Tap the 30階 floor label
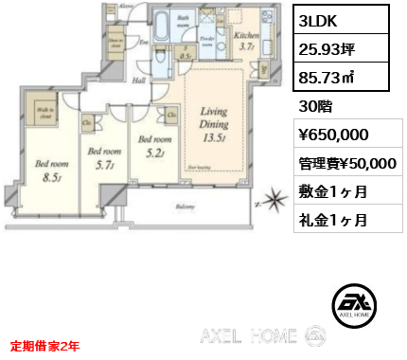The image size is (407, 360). click(316, 105)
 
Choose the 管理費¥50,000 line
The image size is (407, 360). click(347, 163)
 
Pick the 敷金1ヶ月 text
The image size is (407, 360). click(333, 191)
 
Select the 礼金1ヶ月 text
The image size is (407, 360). click(333, 220)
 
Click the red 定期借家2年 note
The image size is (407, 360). click(45, 346)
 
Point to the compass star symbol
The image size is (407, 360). click(274, 201)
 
